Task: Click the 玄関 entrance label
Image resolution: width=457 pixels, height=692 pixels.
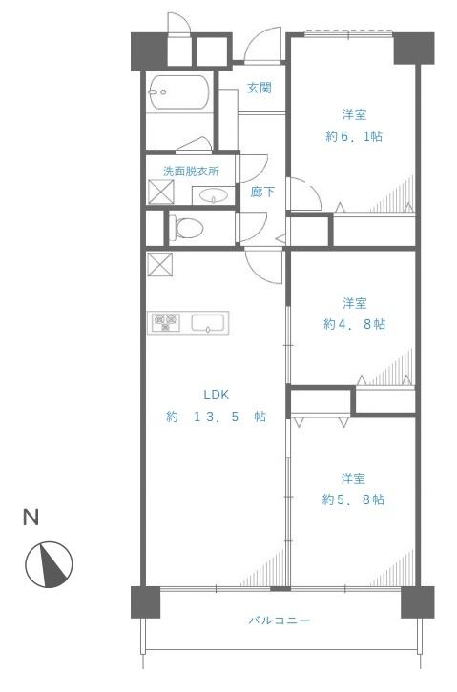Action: tap(260, 88)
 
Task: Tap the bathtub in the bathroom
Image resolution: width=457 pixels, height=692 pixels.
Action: tap(178, 92)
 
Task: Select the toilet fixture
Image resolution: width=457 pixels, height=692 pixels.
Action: tap(186, 228)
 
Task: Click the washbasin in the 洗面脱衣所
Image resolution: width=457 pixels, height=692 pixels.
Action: tap(214, 195)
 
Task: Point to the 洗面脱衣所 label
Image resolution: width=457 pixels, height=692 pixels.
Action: tap(191, 172)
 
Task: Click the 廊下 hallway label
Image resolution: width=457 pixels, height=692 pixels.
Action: tap(262, 192)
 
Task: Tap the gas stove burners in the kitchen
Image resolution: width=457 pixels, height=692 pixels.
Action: tap(166, 322)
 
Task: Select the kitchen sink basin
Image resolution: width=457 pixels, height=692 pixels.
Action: tap(207, 322)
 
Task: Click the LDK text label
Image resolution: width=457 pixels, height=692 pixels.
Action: tap(217, 395)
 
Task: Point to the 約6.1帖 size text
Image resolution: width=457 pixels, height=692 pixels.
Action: tap(354, 136)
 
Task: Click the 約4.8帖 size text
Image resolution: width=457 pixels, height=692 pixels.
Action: tap(355, 324)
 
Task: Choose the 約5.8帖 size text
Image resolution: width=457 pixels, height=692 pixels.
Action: tap(353, 499)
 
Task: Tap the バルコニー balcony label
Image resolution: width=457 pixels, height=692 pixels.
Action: tap(279, 621)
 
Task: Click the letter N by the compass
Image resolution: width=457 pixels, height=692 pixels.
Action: tap(31, 518)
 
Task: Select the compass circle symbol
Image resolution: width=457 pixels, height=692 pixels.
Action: tap(49, 564)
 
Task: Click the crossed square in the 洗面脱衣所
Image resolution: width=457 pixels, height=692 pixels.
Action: tap(160, 192)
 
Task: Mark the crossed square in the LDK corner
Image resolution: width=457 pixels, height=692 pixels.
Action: tap(160, 264)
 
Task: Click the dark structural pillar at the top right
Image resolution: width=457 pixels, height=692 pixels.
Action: tap(414, 48)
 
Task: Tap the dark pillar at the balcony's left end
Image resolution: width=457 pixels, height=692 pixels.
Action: tap(145, 602)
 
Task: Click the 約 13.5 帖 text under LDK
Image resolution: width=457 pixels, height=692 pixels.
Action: tap(216, 417)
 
